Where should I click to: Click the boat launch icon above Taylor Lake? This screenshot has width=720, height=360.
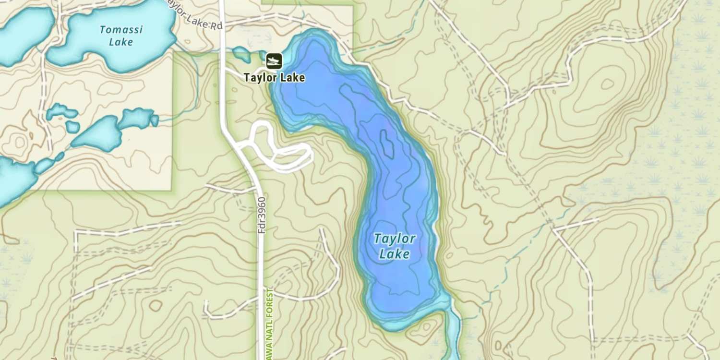tap(274, 60)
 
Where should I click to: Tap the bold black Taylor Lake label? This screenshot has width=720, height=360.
tap(274, 77)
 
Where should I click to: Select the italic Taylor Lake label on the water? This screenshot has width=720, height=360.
tap(395, 245)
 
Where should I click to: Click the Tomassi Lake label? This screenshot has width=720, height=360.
tap(121, 36)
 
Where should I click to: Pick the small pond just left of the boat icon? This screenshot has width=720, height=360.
tap(241, 54)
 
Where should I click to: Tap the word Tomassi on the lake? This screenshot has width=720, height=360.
tap(121, 29)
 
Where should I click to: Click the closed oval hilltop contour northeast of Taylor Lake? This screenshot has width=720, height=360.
tap(607, 84)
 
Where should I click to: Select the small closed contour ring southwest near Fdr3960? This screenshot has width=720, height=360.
tap(155, 305)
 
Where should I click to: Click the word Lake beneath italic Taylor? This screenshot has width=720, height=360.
tap(395, 254)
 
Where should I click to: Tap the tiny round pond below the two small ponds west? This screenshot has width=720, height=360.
tap(72, 127)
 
